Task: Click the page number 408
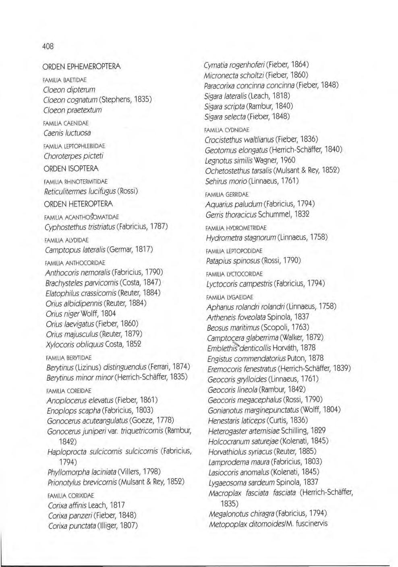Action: pyautogui.click(x=48, y=46)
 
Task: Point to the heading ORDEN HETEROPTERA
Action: pyautogui.click(x=79, y=204)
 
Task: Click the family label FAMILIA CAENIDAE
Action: pyautogui.click(x=66, y=123)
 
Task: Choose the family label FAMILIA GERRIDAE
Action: pyautogui.click(x=227, y=194)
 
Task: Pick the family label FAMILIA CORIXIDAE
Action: pyautogui.click(x=70, y=495)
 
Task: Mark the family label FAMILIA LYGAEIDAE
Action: pyautogui.click(x=229, y=297)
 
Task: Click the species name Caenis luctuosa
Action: pyautogui.click(x=67, y=133)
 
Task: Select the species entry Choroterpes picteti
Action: pyautogui.click(x=74, y=156)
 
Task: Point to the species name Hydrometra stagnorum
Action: pyautogui.click(x=240, y=237)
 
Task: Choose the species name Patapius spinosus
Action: pyautogui.click(x=233, y=261)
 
